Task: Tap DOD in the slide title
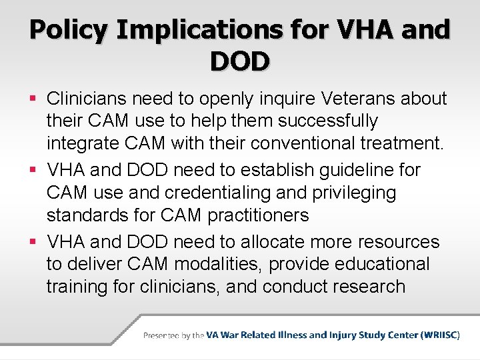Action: [240, 62]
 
